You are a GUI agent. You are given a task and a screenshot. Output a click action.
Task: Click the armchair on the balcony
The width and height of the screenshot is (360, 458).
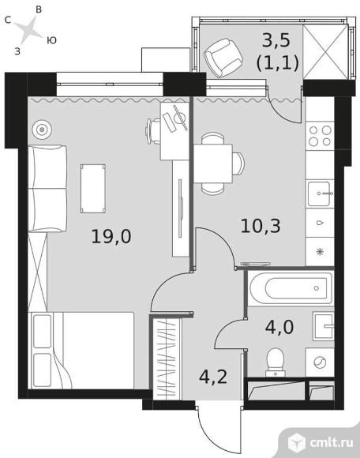[223, 58]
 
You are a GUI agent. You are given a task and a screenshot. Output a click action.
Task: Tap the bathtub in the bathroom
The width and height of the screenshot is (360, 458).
[288, 287]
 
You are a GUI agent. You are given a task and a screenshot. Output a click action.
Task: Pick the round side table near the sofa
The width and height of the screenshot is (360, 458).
[43, 127]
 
